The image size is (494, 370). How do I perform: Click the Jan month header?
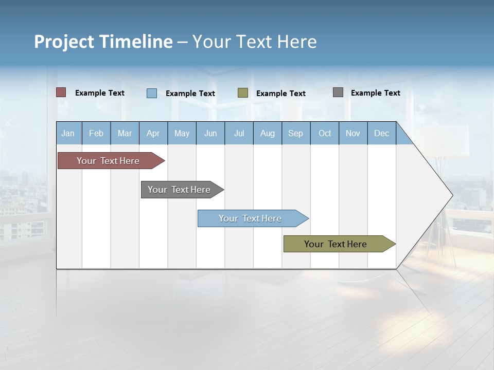pyautogui.click(x=68, y=133)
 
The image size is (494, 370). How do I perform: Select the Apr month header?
pyautogui.click(x=153, y=133)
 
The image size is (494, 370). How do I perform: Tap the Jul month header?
pyautogui.click(x=239, y=133)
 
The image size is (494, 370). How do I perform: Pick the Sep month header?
pyautogui.click(x=295, y=133)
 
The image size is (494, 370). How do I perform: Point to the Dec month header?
pyautogui.click(x=381, y=133)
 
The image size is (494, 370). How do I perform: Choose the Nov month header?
pyautogui.click(x=352, y=133)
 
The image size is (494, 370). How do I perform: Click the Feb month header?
pyautogui.click(x=96, y=133)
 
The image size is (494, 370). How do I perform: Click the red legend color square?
pyautogui.click(x=61, y=92)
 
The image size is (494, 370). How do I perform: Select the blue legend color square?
pyautogui.click(x=152, y=93)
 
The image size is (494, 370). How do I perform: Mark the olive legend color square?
pyautogui.click(x=243, y=93)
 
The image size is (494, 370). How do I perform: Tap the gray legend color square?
pyautogui.click(x=338, y=92)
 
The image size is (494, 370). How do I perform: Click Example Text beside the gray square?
pyautogui.click(x=375, y=93)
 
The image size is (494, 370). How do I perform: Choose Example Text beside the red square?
pyautogui.click(x=99, y=93)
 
